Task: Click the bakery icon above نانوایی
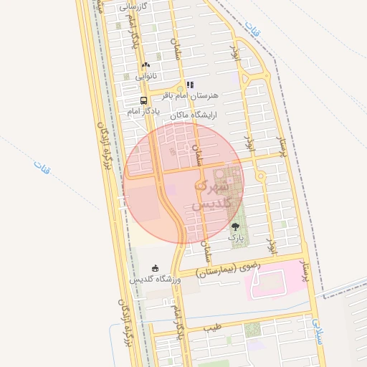[146, 65]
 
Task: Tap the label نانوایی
[146, 75]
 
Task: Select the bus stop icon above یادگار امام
[144, 101]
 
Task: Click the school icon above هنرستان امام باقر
[190, 85]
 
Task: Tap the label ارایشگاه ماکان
[194, 115]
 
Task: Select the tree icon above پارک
[235, 227]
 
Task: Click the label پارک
[236, 237]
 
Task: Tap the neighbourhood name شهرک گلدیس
[213, 194]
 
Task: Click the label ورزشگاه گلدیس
[156, 280]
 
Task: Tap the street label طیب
[212, 328]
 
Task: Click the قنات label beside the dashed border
[250, 29]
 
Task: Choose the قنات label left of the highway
[40, 166]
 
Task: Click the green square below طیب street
[252, 330]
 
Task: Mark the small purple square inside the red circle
[172, 190]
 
